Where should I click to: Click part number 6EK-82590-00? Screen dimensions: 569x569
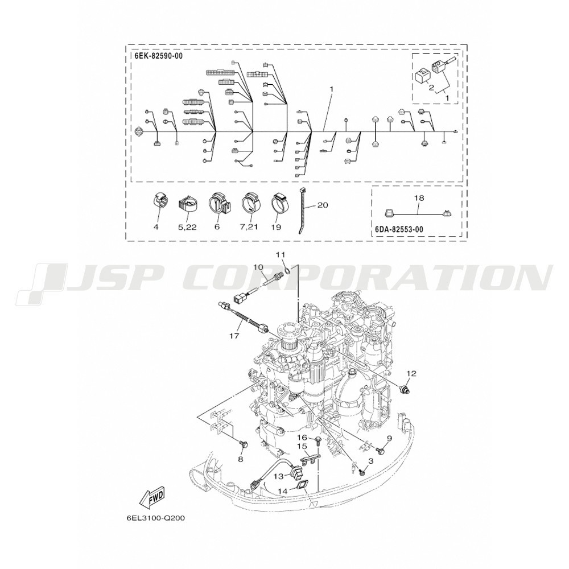(x=159, y=56)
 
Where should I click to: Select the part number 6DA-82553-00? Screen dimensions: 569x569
(x=399, y=229)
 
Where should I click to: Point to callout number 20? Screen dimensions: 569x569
(x=322, y=205)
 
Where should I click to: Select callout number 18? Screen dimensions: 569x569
(x=419, y=199)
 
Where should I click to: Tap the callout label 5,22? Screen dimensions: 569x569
(x=188, y=227)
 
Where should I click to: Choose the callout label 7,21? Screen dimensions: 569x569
(x=249, y=227)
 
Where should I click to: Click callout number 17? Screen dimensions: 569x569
(x=234, y=336)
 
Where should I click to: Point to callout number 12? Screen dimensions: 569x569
(x=411, y=373)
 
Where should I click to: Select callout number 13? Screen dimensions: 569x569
(x=278, y=476)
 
